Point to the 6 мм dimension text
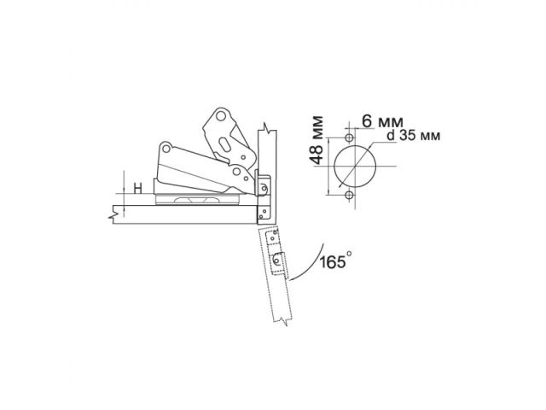(x=375, y=120)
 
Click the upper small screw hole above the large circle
(x=350, y=138)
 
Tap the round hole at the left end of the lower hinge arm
(x=163, y=153)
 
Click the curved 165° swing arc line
(x=303, y=265)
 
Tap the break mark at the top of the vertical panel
(x=268, y=129)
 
